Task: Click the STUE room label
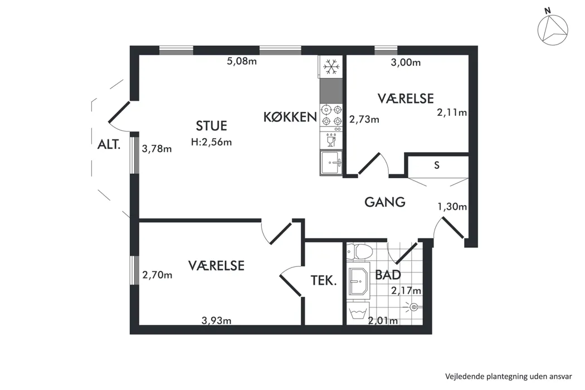pos(211,126)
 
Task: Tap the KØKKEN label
pos(290,117)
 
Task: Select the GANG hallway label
pos(384,202)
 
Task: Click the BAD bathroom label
pos(388,275)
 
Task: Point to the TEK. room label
pos(324,280)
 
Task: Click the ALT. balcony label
pos(109,144)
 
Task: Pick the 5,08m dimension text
pos(242,61)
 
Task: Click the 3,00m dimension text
pos(406,62)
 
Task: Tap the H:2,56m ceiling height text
pos(211,142)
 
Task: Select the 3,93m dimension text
pos(216,320)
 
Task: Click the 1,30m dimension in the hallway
pos(452,206)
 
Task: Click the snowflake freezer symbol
pos(331,67)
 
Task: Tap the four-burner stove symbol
pos(331,115)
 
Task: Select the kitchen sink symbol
pos(331,163)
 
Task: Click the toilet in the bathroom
pos(359,252)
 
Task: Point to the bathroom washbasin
pos(358,281)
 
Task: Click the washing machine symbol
pos(358,313)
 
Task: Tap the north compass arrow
pos(553,30)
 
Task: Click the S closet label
pos(436,165)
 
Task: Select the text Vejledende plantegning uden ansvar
pos(508,376)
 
